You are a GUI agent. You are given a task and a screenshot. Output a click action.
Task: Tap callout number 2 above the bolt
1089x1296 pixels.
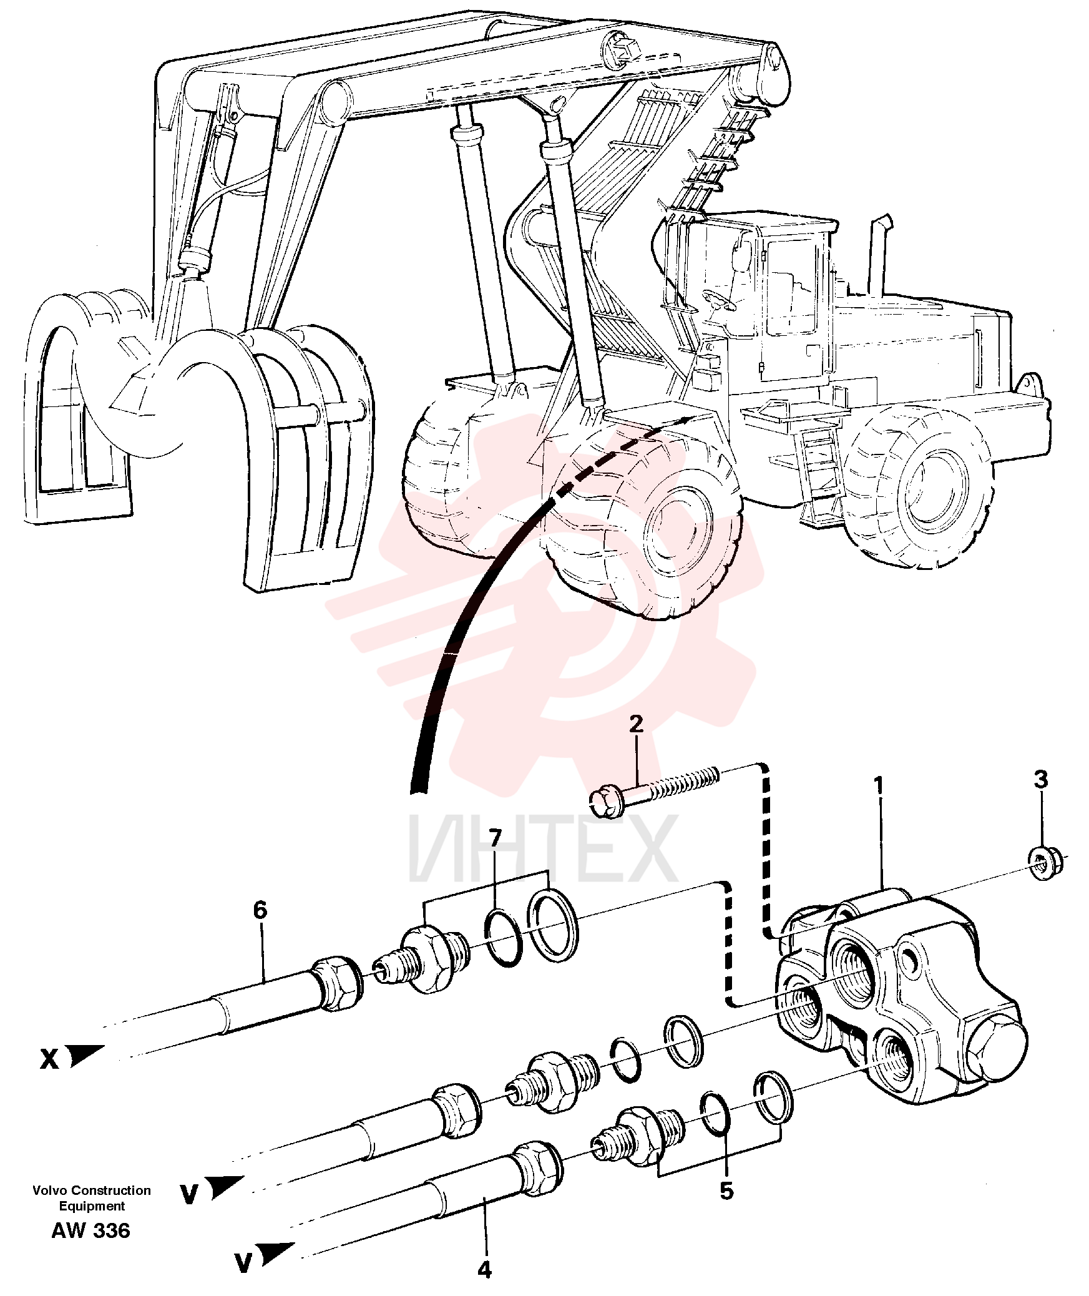tap(635, 724)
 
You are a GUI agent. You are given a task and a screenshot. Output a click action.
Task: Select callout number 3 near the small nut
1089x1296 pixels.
tap(1040, 780)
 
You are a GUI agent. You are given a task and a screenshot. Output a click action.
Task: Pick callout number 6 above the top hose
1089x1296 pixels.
tap(260, 911)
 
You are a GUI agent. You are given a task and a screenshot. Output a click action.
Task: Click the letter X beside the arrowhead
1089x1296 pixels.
tap(49, 1059)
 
